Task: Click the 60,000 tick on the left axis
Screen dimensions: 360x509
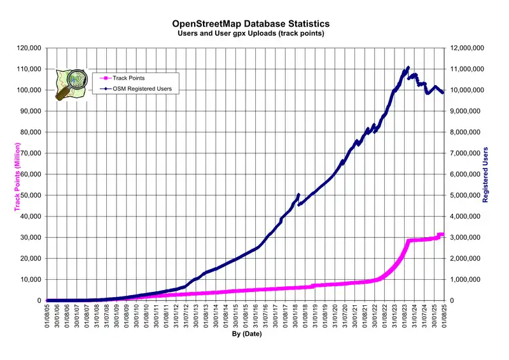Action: click(x=31, y=174)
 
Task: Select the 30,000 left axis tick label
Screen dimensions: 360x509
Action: click(x=31, y=237)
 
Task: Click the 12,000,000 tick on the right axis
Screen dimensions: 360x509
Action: click(x=468, y=48)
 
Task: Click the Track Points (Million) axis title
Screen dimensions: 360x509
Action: click(x=17, y=174)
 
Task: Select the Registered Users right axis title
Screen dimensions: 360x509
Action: click(x=485, y=174)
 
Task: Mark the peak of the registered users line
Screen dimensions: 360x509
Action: click(x=408, y=67)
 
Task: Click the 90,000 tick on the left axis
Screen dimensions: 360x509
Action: click(x=31, y=111)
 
